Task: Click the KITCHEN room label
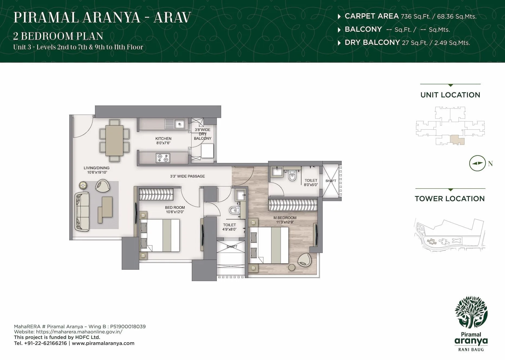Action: point(163,139)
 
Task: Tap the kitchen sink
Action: point(179,124)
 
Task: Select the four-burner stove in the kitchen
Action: point(163,158)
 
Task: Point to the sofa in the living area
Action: point(82,211)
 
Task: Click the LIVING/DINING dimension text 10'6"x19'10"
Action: point(96,172)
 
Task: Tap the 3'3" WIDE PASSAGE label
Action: point(187,176)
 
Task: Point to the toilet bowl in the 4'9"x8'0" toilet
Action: point(233,210)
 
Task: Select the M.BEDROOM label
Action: point(285,218)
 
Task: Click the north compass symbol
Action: point(477,163)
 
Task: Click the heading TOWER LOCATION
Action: point(450,199)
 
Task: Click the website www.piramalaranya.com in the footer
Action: point(103,343)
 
